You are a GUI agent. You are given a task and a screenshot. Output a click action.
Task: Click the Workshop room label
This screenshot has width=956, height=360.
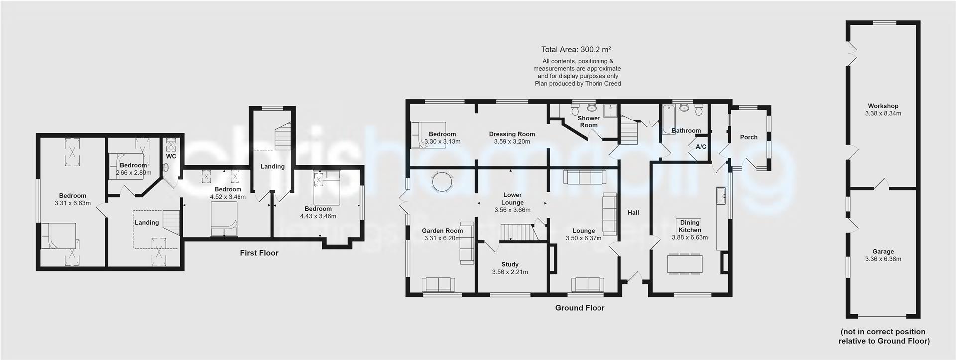pyautogui.click(x=883, y=106)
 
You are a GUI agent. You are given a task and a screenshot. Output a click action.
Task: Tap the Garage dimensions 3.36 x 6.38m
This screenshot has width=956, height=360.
pyautogui.click(x=883, y=259)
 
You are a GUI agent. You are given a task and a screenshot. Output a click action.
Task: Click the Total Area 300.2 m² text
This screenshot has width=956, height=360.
pyautogui.click(x=576, y=49)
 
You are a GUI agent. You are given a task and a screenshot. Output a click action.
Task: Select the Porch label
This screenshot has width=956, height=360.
pyautogui.click(x=748, y=137)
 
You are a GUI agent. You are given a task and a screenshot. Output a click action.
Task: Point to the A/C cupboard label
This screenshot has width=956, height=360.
pyautogui.click(x=701, y=147)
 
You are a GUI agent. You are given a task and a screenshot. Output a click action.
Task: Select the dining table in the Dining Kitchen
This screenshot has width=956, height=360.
pyautogui.click(x=685, y=263)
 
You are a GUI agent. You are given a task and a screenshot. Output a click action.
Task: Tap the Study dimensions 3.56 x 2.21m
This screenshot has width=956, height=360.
pyautogui.click(x=510, y=272)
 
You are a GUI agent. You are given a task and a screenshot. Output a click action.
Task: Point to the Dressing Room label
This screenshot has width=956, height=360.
pyautogui.click(x=512, y=134)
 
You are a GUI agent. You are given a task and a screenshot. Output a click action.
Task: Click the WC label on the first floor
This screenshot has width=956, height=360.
pyautogui.click(x=171, y=156)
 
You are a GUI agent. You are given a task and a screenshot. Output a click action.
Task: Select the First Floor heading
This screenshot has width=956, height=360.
pyautogui.click(x=259, y=253)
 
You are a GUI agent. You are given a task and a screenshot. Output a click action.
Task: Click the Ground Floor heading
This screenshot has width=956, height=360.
pyautogui.click(x=580, y=308)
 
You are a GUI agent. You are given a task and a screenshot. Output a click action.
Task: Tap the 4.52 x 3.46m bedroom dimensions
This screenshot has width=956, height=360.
pyautogui.click(x=228, y=197)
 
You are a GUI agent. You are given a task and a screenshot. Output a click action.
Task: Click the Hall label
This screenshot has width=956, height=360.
pyautogui.click(x=633, y=213)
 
